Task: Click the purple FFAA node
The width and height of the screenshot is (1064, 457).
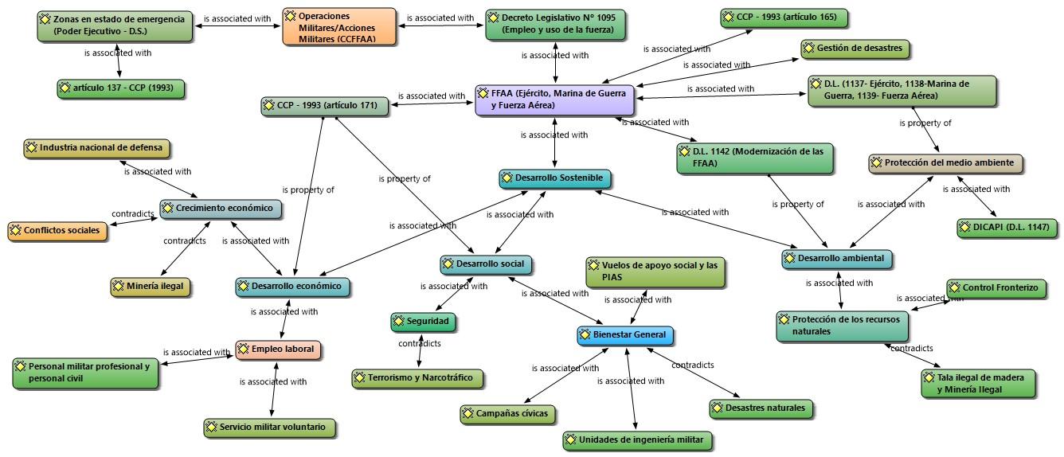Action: pyautogui.click(x=554, y=100)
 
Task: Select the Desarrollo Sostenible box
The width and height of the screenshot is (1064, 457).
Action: pyautogui.click(x=555, y=178)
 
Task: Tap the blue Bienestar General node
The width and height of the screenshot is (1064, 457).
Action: pyautogui.click(x=625, y=335)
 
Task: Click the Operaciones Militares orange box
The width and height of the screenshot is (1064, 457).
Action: pyautogui.click(x=339, y=26)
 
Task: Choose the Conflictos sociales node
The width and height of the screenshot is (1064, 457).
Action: pyautogui.click(x=57, y=231)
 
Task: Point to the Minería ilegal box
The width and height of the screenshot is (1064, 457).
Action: pyautogui.click(x=150, y=287)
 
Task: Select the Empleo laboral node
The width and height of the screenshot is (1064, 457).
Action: pyautogui.click(x=279, y=350)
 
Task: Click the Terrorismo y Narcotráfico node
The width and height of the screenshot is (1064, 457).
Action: pyautogui.click(x=417, y=379)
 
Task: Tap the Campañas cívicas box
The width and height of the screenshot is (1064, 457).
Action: pyautogui.click(x=508, y=414)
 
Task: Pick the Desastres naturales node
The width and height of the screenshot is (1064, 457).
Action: pyautogui.click(x=761, y=408)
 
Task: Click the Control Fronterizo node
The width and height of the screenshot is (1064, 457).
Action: pyautogui.click(x=996, y=288)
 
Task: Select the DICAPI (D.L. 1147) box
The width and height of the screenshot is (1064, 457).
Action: pyautogui.click(x=1007, y=228)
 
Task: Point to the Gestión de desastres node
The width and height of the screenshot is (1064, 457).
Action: pyautogui.click(x=855, y=49)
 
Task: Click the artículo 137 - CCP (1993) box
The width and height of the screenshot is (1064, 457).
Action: pyautogui.click(x=120, y=89)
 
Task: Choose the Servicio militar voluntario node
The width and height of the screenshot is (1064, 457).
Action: pyautogui.click(x=270, y=428)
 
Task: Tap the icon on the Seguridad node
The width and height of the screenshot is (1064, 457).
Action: pyautogui.click(x=398, y=321)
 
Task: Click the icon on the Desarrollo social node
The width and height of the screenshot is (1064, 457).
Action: pyautogui.click(x=448, y=264)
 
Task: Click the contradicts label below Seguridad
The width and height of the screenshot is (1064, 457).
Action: pyautogui.click(x=420, y=343)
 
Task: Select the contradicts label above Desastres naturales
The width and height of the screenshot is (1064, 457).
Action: pyautogui.click(x=693, y=365)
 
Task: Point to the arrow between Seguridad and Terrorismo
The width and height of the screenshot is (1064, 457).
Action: pyautogui.click(x=421, y=350)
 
